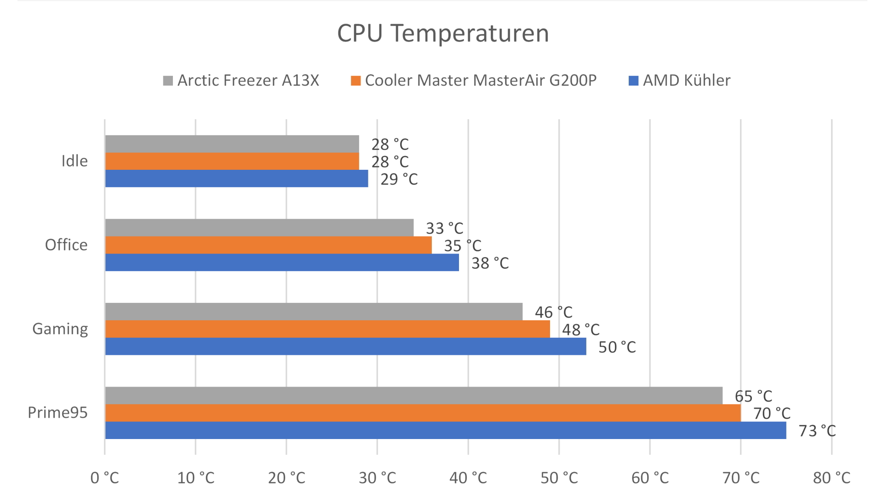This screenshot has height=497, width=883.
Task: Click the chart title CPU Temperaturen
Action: coord(443,33)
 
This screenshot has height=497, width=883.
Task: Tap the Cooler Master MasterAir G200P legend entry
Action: coord(474,81)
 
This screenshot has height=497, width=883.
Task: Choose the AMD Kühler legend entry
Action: coord(680,81)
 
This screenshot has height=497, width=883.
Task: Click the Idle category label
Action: coord(75,161)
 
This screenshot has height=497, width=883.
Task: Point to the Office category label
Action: coord(66,245)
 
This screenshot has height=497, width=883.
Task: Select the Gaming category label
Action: coord(60,329)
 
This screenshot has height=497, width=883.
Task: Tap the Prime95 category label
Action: coord(57,413)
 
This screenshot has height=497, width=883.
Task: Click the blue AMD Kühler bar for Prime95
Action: coord(445,430)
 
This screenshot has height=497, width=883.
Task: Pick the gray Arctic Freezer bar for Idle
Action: coord(232,144)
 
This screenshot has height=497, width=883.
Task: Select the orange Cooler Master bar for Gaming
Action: coord(327,329)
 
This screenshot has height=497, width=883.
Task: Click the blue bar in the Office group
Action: coord(282,262)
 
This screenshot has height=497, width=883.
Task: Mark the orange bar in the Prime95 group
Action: coord(423,413)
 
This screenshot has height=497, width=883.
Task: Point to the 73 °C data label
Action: coord(817,431)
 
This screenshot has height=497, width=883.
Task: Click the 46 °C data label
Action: coord(554,312)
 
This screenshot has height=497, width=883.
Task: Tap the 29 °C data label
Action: coord(399,179)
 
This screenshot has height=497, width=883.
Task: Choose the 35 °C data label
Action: coord(463,246)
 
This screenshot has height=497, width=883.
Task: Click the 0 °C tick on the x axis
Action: coord(105,478)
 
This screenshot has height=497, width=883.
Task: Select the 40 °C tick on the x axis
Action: coord(468,478)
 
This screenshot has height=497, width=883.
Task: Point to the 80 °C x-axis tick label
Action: coord(831,478)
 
